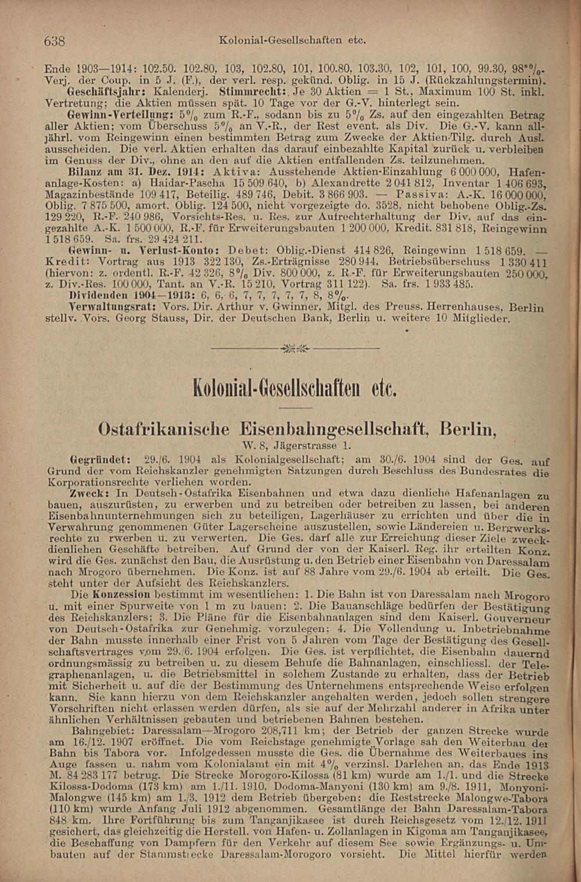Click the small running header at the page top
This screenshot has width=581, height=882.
point(292,41)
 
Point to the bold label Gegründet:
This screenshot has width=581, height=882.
point(96,459)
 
